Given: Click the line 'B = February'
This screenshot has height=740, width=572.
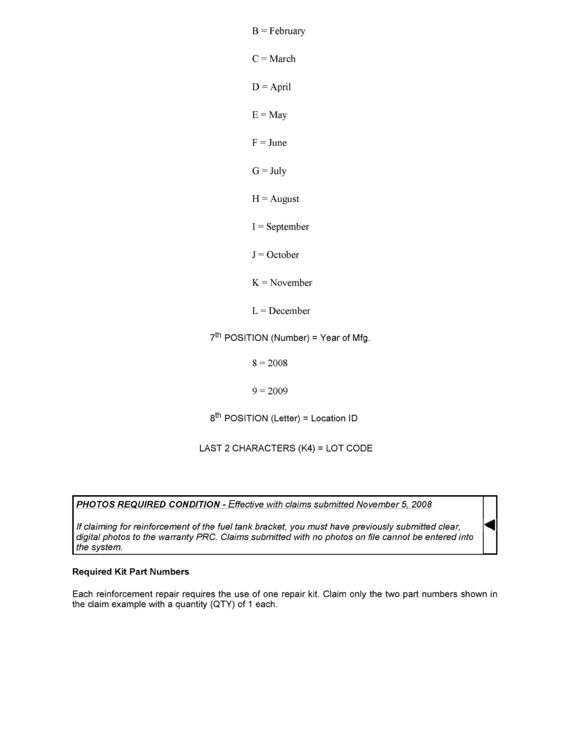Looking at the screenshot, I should pyautogui.click(x=279, y=31).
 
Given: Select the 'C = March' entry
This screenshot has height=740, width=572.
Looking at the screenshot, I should pyautogui.click(x=274, y=59).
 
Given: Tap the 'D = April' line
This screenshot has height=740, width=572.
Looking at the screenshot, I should pyautogui.click(x=271, y=87).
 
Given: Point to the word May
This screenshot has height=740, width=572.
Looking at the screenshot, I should pyautogui.click(x=278, y=115).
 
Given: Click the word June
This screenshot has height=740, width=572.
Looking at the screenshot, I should pyautogui.click(x=277, y=143).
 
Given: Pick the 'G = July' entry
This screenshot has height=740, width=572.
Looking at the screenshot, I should pyautogui.click(x=269, y=171).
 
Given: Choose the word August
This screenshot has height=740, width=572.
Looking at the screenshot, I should pyautogui.click(x=284, y=199).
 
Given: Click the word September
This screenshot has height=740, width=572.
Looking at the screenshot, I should pyautogui.click(x=287, y=227).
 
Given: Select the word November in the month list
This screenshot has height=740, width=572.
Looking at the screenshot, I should pyautogui.click(x=291, y=283).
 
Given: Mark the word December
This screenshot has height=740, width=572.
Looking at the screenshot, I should pyautogui.click(x=289, y=311).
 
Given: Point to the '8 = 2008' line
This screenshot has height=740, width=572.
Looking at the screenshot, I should pyautogui.click(x=270, y=363).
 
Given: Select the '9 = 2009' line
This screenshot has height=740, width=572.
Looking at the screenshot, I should pyautogui.click(x=270, y=391).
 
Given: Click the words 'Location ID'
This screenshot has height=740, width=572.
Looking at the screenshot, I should pyautogui.click(x=334, y=419).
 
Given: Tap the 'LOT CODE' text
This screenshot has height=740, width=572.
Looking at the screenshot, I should pyautogui.click(x=349, y=448).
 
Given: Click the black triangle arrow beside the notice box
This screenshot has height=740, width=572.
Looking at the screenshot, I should pyautogui.click(x=490, y=525).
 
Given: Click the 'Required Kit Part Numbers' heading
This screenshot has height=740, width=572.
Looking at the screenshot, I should pyautogui.click(x=131, y=572).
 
